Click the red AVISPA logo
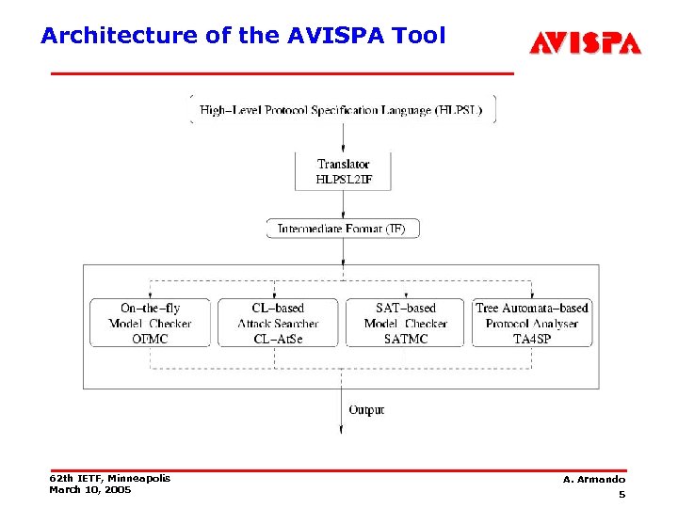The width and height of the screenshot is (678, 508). (585, 43)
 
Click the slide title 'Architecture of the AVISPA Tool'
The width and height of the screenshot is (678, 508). (242, 36)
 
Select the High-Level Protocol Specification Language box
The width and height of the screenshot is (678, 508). (343, 109)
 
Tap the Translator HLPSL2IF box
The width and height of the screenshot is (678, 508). (343, 171)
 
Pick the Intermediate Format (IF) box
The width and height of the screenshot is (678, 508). (343, 228)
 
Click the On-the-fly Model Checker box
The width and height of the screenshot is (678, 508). (150, 323)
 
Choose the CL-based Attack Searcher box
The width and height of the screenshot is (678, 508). (278, 323)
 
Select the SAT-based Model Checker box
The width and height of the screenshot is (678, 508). (406, 323)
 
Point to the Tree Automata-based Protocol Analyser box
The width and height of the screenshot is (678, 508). (532, 323)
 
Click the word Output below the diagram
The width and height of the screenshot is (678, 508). (366, 409)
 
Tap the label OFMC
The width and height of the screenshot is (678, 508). (150, 339)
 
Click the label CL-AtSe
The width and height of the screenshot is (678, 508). (278, 339)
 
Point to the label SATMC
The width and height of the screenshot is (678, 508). (406, 339)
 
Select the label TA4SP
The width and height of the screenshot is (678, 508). (532, 339)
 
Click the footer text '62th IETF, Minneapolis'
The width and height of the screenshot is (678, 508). (109, 478)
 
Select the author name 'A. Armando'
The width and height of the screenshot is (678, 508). (594, 480)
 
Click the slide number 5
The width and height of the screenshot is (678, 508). (621, 495)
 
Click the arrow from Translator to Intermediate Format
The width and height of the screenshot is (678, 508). (343, 204)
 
